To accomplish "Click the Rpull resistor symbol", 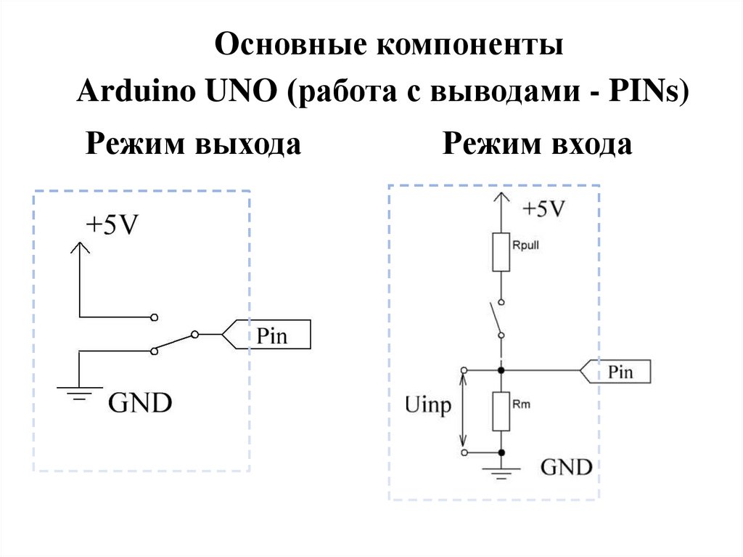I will pos(501,252).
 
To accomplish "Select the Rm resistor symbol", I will pos(501,411).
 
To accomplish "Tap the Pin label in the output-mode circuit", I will pos(272,336).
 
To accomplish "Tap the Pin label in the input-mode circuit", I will pos(620,372).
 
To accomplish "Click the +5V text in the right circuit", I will pos(543,209).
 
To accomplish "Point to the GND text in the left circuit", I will pos(140,402).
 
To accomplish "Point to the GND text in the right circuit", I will pos(567,466).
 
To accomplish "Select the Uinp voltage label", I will pos(428,406).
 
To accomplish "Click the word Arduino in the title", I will pos(126,93).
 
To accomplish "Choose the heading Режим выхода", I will pos(193,144).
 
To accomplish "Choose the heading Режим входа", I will pos(538,144).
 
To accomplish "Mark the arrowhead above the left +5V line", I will pos(79,247).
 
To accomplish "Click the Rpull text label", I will pos(526,245).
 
